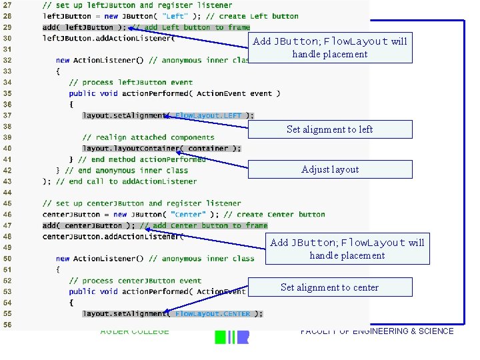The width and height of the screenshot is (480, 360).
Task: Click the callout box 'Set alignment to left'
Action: (x=329, y=129)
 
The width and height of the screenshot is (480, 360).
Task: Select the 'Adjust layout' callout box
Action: (x=329, y=169)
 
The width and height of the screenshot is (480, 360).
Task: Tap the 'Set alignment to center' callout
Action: (x=329, y=287)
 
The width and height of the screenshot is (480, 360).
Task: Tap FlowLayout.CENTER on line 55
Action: (x=213, y=313)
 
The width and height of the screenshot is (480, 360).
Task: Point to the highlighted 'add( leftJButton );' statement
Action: (x=83, y=27)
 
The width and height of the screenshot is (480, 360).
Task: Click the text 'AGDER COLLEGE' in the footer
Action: (x=135, y=332)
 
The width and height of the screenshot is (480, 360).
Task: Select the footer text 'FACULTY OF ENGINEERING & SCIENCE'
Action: (x=377, y=331)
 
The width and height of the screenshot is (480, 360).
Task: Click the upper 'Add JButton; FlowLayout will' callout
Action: (x=329, y=47)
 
